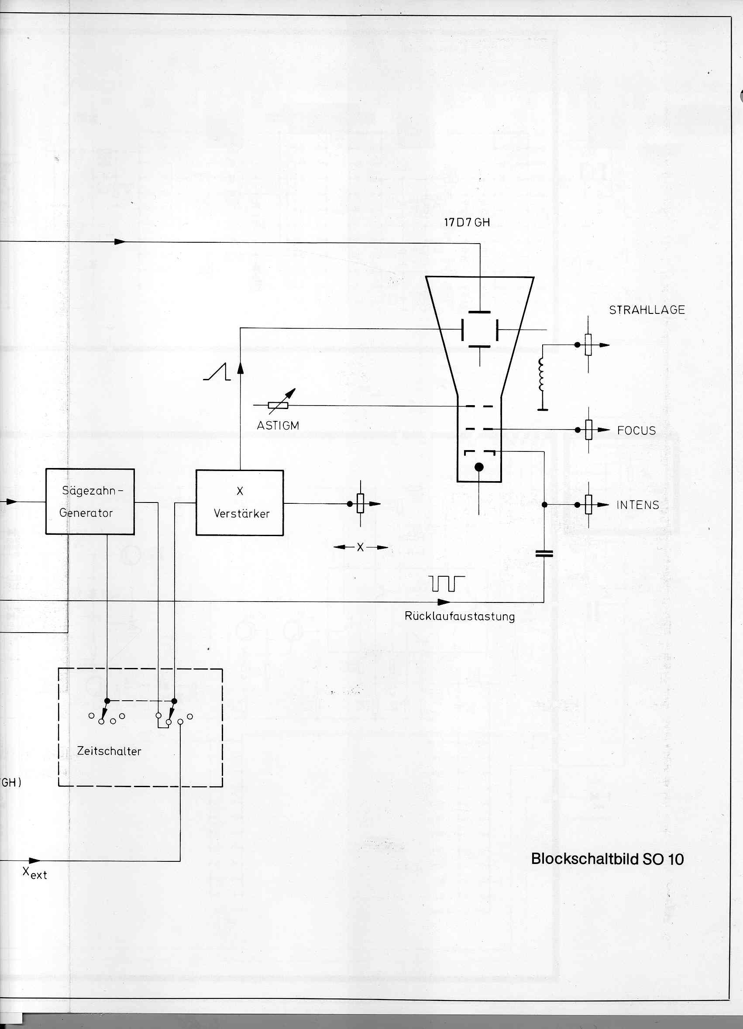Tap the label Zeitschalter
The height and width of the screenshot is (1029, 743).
109,751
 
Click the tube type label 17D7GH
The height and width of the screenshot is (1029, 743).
467,222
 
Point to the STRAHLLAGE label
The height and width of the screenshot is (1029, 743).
647,310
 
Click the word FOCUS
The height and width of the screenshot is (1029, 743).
636,430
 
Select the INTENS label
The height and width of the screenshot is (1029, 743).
637,505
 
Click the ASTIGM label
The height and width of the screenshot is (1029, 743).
278,426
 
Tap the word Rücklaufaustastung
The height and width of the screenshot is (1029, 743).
460,616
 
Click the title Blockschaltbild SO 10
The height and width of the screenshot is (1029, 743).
607,859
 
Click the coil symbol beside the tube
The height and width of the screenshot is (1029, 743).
542,374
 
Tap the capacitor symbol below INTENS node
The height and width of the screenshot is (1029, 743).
544,554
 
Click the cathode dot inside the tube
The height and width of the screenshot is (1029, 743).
479,467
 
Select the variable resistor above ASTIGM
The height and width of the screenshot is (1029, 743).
279,405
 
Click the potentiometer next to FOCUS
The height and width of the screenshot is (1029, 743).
589,430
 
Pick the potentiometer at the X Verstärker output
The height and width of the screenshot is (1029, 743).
361,504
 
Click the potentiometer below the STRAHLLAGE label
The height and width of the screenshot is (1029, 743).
588,345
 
